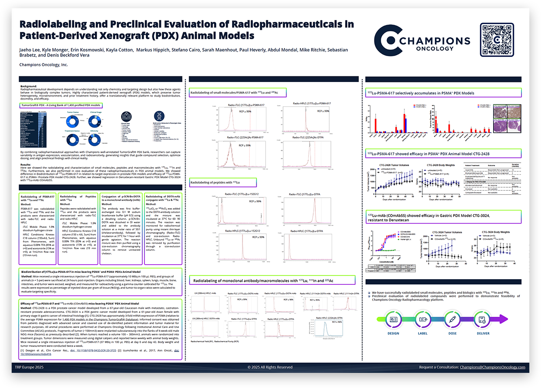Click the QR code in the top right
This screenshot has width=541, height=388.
pyautogui.click(x=497, y=40)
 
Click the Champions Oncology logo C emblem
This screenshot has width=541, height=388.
pyautogui.click(x=386, y=40)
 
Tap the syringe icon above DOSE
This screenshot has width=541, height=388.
pyautogui.click(x=453, y=319)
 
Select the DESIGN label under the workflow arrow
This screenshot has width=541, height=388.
pyautogui.click(x=393, y=333)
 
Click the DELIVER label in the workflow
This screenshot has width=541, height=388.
pyautogui.click(x=483, y=333)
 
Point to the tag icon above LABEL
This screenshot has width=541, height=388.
pyautogui.click(x=423, y=319)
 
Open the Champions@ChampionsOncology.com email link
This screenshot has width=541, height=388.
pyautogui.click(x=492, y=367)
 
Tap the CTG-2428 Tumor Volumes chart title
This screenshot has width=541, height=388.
pyautogui.click(x=394, y=165)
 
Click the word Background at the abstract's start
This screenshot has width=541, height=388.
pyautogui.click(x=29, y=86)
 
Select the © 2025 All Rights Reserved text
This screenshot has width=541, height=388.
pyautogui.click(x=270, y=367)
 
